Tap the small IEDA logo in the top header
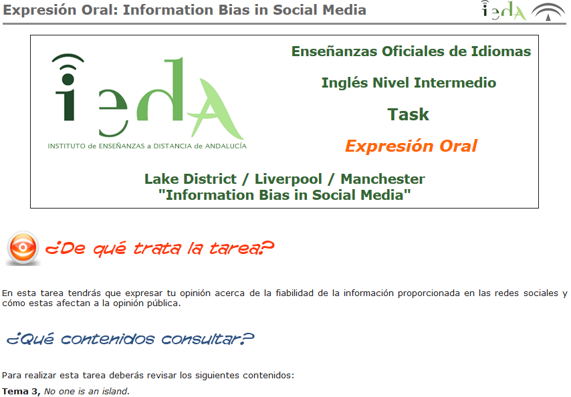(x=503, y=11)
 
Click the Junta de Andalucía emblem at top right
(x=548, y=11)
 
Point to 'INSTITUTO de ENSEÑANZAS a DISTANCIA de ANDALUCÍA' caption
(x=147, y=145)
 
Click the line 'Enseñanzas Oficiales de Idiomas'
(x=411, y=51)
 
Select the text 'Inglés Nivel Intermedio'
(x=409, y=83)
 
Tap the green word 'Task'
(x=409, y=114)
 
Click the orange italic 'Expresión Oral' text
(x=411, y=146)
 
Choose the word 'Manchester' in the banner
(x=382, y=179)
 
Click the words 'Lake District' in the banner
(x=191, y=179)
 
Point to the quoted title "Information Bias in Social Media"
(x=284, y=195)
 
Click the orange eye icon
(x=23, y=248)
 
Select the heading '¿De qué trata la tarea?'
(x=160, y=249)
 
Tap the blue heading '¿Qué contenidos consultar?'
(x=130, y=340)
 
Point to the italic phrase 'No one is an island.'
(x=87, y=392)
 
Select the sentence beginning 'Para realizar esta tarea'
(x=148, y=375)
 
